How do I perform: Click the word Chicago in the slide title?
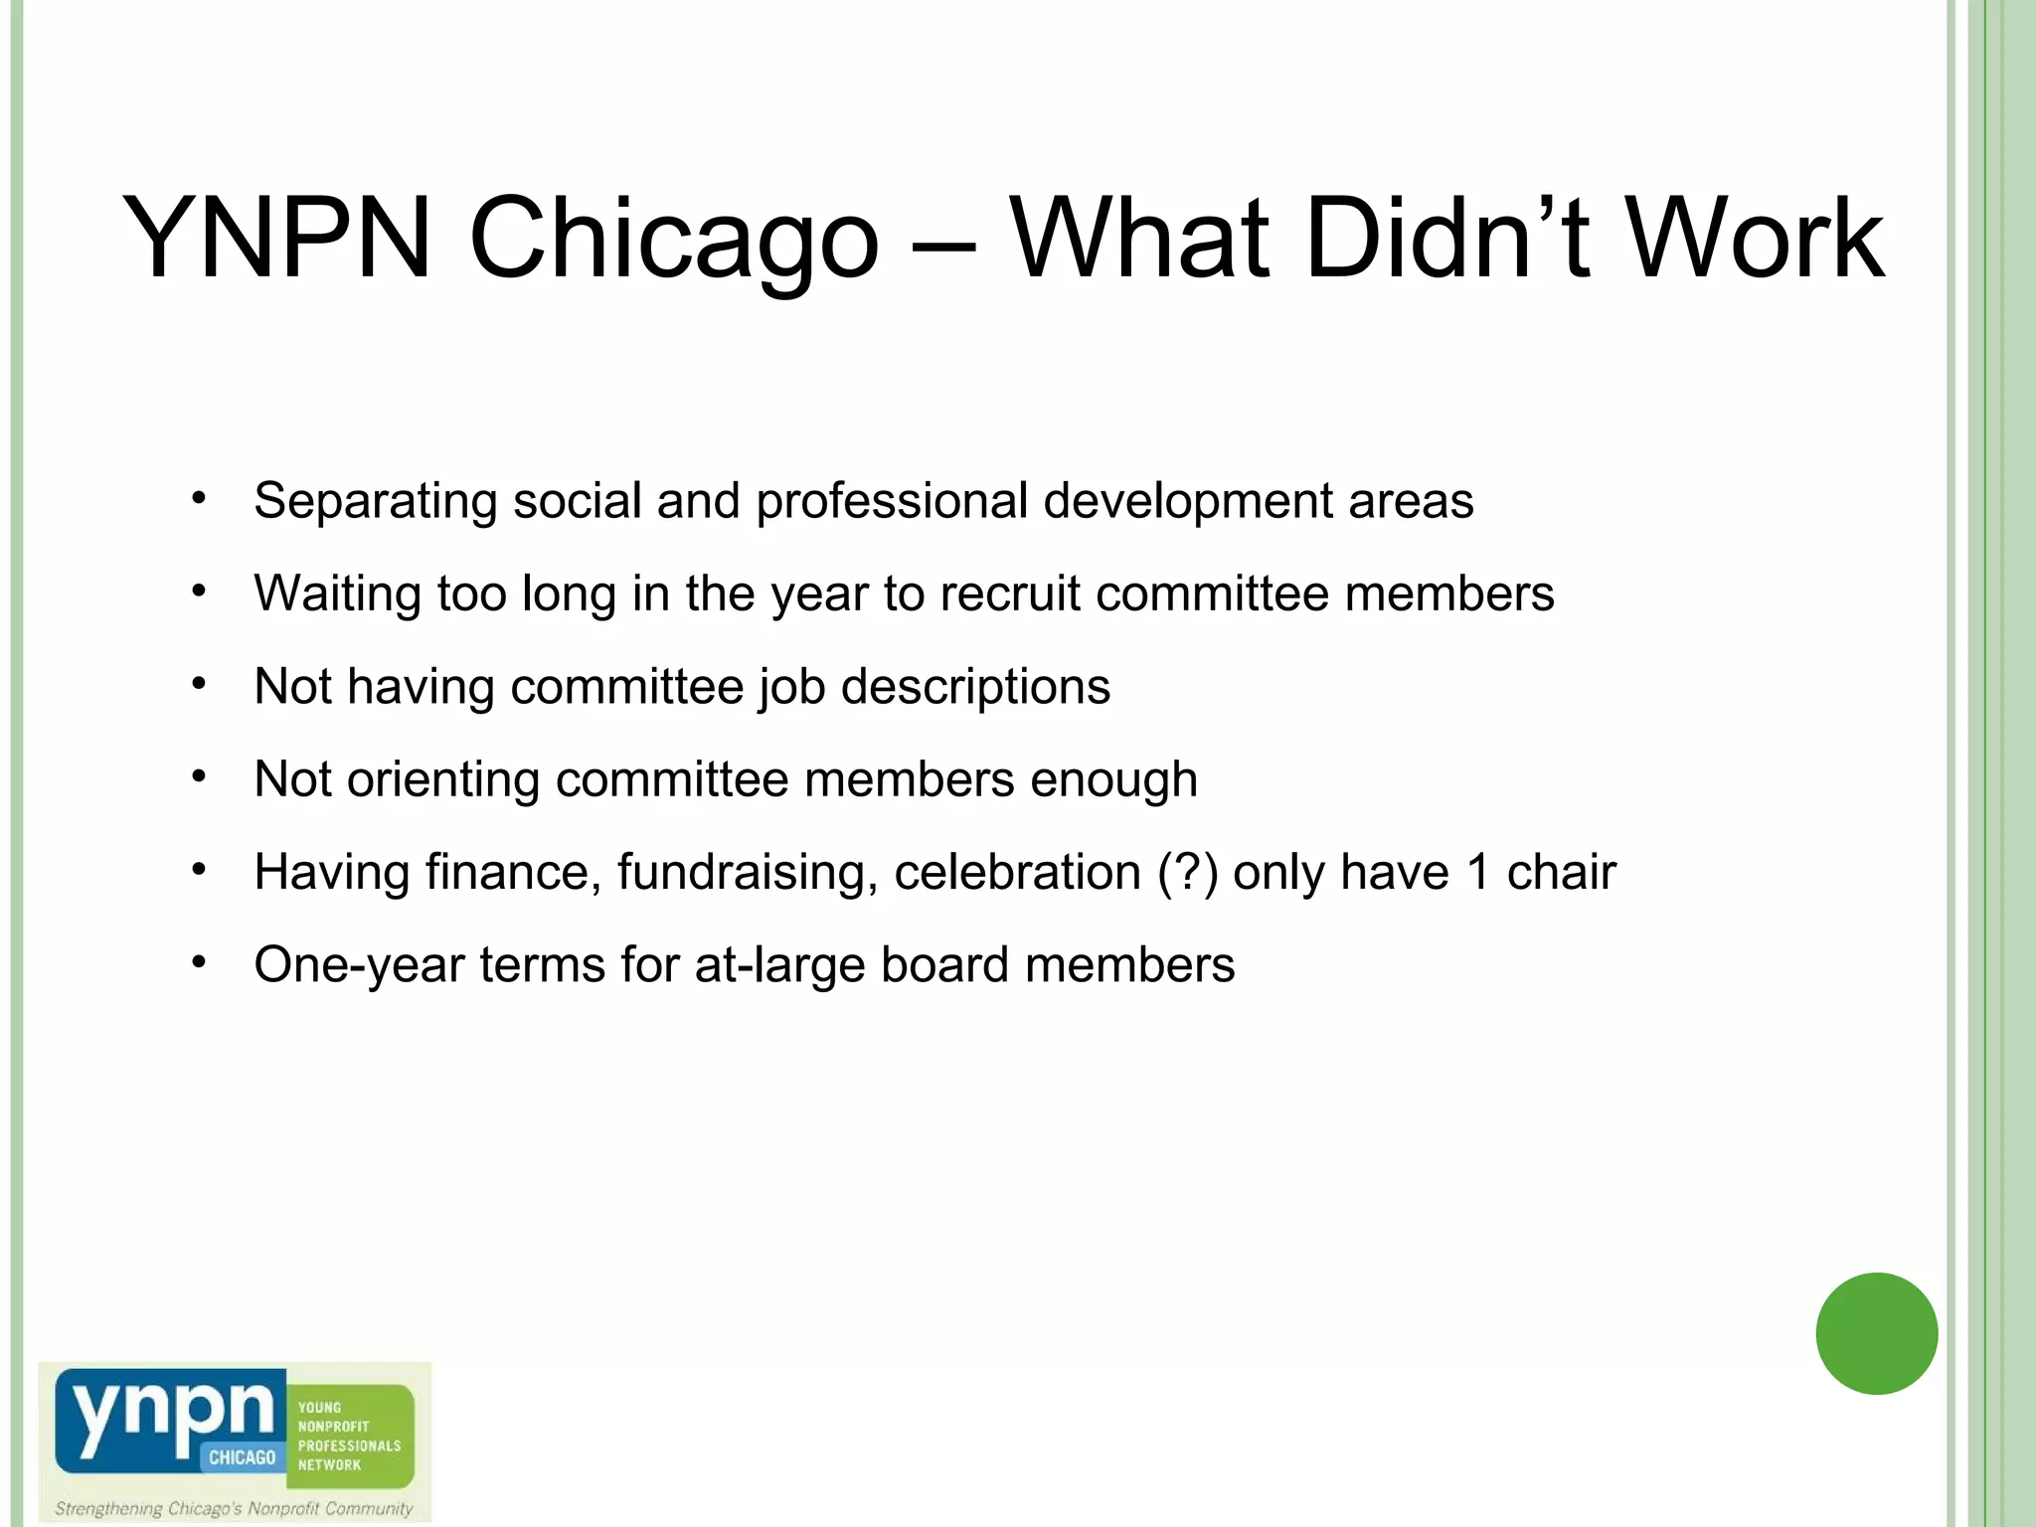(x=673, y=239)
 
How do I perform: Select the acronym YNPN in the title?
(x=276, y=239)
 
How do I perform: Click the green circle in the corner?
(x=1876, y=1333)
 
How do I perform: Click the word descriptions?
(x=975, y=687)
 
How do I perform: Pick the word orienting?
(x=442, y=779)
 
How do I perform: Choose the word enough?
(x=1113, y=779)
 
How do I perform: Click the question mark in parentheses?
(x=1188, y=873)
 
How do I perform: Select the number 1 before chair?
(x=1478, y=873)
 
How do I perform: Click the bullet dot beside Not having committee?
(x=199, y=685)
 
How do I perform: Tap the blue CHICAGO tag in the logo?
(x=242, y=1457)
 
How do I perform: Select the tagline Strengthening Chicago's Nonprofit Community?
(x=234, y=1508)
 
